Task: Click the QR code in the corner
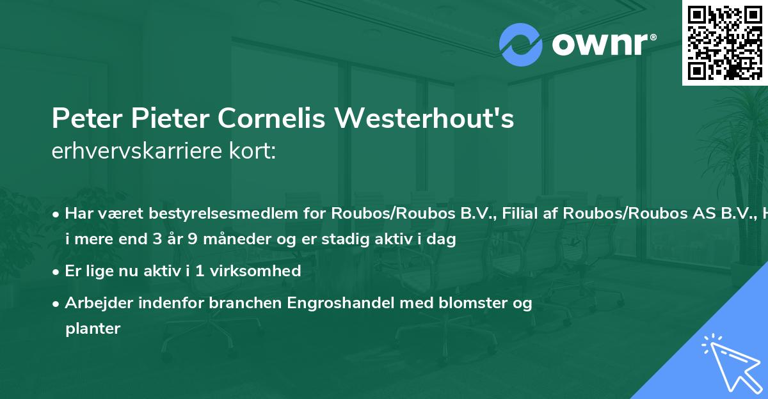click(x=724, y=43)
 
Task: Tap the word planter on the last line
click(x=93, y=329)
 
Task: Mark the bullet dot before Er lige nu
click(x=56, y=272)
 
